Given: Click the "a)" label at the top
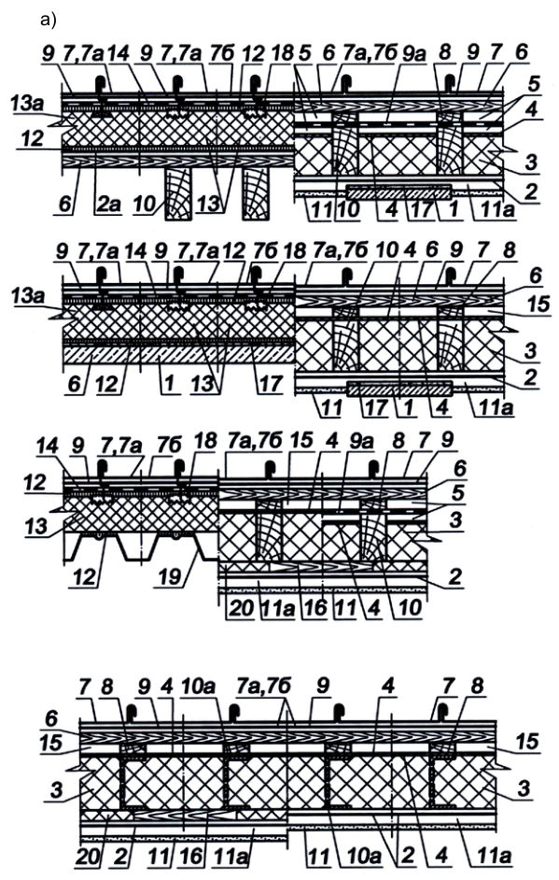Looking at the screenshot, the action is [49, 21].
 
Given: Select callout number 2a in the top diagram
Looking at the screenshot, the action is [107, 203].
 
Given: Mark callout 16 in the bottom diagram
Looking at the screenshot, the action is [191, 856].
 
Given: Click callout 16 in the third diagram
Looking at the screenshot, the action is [315, 608].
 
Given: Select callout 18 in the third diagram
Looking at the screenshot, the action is [205, 441].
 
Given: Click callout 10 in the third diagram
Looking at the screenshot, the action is [410, 608].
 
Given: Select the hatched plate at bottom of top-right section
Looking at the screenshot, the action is [398, 192].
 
